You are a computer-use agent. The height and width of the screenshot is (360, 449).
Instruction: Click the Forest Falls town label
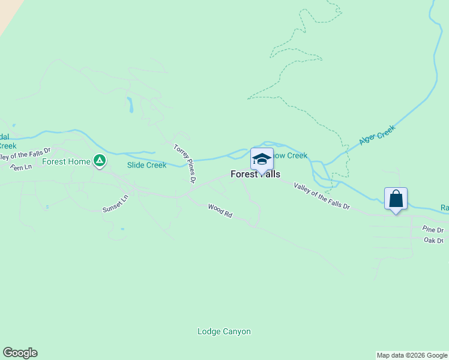tap(255, 175)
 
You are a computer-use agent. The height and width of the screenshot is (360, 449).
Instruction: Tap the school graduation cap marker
tap(262, 160)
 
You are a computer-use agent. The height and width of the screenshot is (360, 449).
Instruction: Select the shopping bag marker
tap(396, 199)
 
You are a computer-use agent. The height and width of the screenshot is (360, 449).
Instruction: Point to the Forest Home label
tap(66, 161)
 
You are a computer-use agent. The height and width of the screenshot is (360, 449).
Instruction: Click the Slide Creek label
tap(146, 165)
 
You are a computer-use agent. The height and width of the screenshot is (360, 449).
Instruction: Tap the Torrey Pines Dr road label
tap(185, 163)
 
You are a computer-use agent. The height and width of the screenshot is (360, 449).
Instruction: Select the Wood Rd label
tap(220, 211)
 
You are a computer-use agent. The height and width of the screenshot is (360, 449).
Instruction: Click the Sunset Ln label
tap(115, 204)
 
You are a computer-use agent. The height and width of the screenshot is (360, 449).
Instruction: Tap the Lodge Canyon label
tap(224, 332)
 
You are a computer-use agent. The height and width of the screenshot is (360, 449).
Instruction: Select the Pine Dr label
tap(432, 230)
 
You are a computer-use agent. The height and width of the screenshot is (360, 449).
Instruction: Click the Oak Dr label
tap(433, 241)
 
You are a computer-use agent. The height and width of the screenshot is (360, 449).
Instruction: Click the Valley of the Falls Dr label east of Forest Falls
tap(321, 196)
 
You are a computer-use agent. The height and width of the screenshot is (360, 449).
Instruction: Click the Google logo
tap(20, 353)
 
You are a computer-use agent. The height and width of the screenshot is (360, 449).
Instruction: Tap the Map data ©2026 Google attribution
tap(412, 355)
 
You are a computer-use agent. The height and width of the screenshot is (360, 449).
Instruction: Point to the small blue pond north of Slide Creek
tap(128, 105)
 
